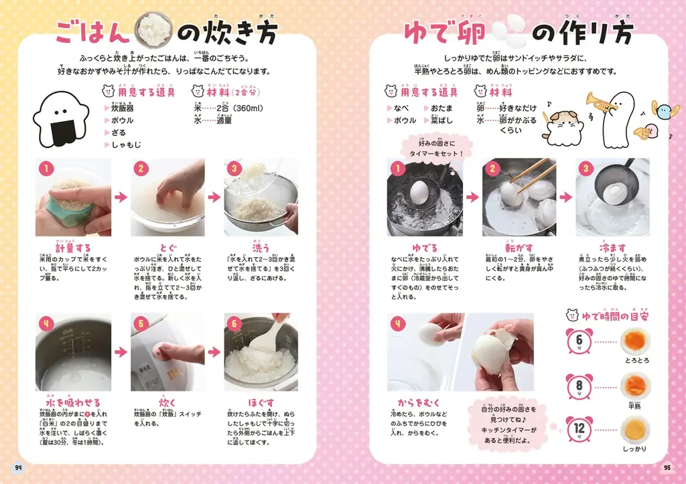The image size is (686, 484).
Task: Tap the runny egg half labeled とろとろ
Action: click(633, 341)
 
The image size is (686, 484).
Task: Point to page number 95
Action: click(667, 467)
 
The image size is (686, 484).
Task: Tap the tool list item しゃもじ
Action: click(124, 145)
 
